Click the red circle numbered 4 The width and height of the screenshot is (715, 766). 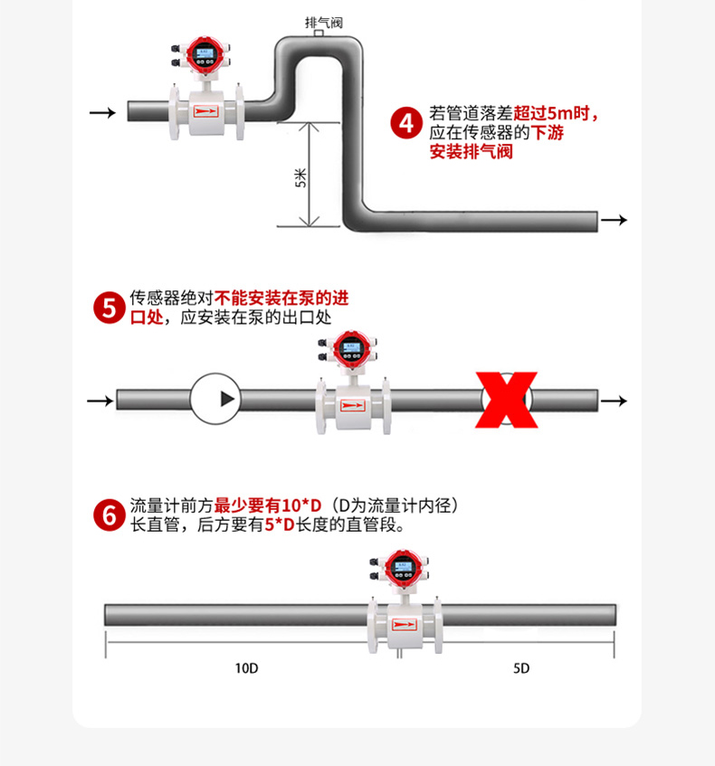[x=406, y=123]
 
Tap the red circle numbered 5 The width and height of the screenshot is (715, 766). [x=110, y=307]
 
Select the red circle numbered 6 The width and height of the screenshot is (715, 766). [x=110, y=515]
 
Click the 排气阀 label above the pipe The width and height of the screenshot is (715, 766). [x=323, y=22]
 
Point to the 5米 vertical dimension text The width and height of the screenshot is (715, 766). [x=300, y=178]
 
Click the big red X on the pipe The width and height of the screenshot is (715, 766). [x=507, y=400]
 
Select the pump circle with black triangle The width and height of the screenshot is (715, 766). [x=216, y=399]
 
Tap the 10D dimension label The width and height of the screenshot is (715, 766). [x=246, y=668]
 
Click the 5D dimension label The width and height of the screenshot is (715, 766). [x=521, y=668]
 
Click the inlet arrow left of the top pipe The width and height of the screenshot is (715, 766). [x=102, y=112]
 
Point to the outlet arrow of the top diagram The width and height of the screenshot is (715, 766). [x=614, y=221]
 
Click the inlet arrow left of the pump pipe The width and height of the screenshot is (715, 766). [x=100, y=400]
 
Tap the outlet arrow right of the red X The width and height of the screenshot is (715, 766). [x=614, y=401]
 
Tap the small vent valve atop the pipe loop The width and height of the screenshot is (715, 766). [x=319, y=34]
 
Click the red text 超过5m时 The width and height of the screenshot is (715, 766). [x=556, y=114]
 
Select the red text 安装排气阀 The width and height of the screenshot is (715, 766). [x=471, y=152]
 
